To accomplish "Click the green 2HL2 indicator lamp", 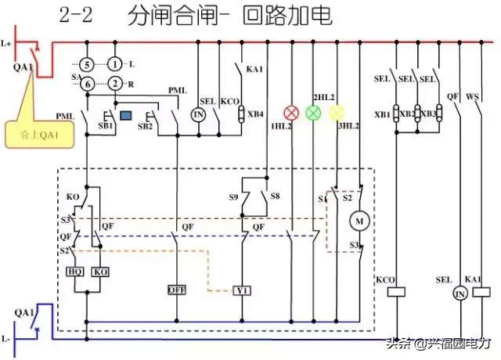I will tap(313, 113).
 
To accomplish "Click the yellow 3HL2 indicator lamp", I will tap(337, 113).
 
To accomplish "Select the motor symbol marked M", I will tap(360, 221).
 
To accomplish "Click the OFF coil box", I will tap(176, 290).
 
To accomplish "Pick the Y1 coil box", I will tap(242, 290).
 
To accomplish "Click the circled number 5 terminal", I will tap(88, 63).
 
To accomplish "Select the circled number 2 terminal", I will tap(116, 83).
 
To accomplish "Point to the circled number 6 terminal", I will tap(88, 83).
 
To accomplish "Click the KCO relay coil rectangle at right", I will tap(397, 291).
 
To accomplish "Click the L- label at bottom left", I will tap(7, 340).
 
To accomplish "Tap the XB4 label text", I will tap(255, 114).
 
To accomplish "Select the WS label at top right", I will tap(472, 96).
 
